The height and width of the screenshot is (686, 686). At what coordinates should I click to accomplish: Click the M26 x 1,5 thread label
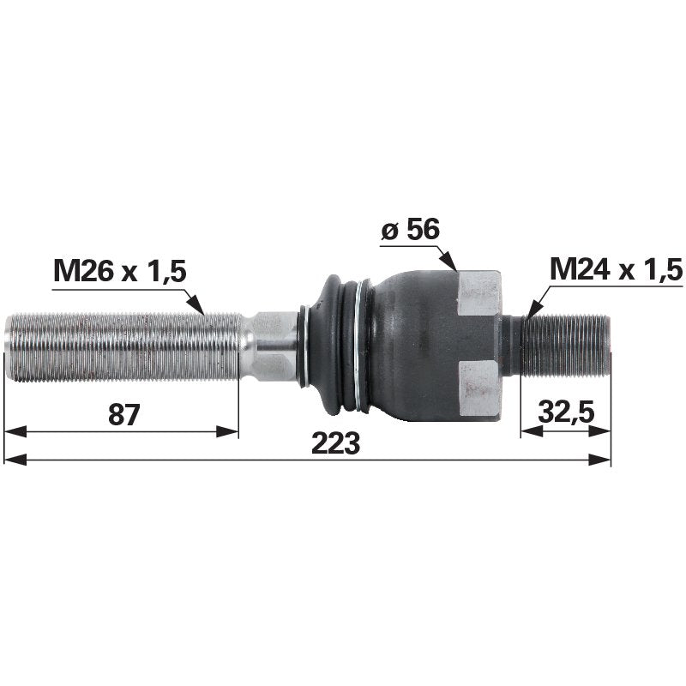point(120,272)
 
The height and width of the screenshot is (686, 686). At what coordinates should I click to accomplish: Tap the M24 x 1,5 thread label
point(616,269)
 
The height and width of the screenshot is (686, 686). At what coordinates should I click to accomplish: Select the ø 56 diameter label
point(410,229)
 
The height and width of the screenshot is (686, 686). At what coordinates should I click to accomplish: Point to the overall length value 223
point(335,442)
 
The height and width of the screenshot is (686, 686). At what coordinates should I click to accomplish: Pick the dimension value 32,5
point(566,412)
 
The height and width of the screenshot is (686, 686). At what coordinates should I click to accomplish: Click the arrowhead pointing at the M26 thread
point(196,304)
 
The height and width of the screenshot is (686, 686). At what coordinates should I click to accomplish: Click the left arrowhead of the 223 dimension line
point(15,460)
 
